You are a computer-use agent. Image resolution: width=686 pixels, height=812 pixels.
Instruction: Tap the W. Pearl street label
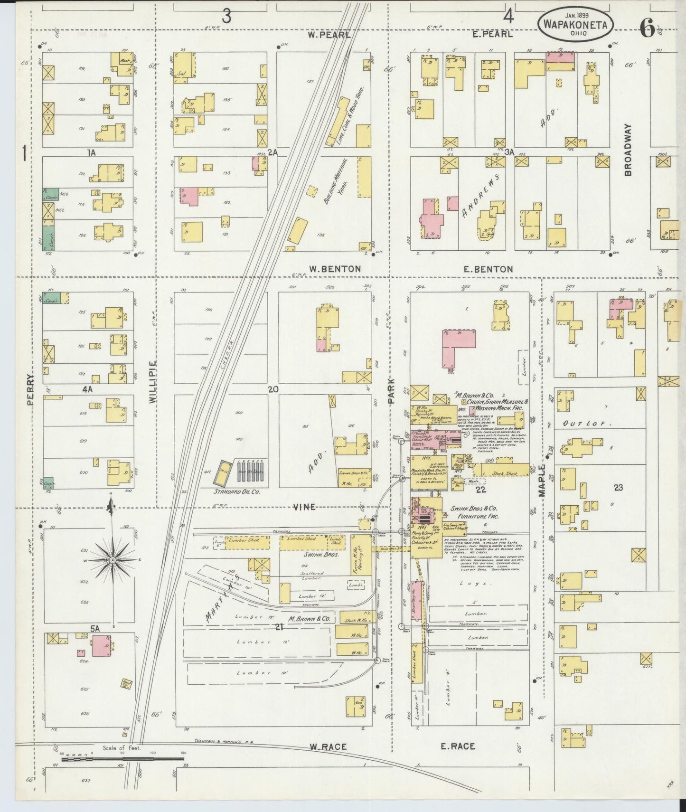click(329, 35)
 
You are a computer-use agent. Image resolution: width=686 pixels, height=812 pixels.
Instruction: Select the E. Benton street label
click(488, 269)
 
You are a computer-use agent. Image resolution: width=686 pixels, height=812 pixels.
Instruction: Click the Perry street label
click(31, 389)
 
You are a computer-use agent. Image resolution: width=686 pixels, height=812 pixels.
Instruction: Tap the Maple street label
click(542, 480)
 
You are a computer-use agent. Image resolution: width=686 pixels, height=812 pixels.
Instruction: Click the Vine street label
click(304, 507)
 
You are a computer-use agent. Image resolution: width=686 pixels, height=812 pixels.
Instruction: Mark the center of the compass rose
click(113, 561)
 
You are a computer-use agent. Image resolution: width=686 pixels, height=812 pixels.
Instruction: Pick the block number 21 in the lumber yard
click(279, 627)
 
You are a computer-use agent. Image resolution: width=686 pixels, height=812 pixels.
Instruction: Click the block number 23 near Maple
click(618, 488)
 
